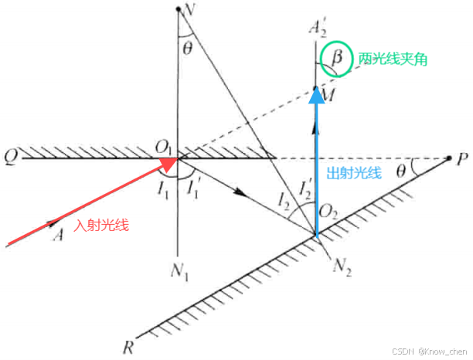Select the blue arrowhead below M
click(x=316, y=95)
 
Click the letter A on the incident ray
click(x=56, y=235)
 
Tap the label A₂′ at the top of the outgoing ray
click(x=317, y=32)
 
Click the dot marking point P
click(x=449, y=159)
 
